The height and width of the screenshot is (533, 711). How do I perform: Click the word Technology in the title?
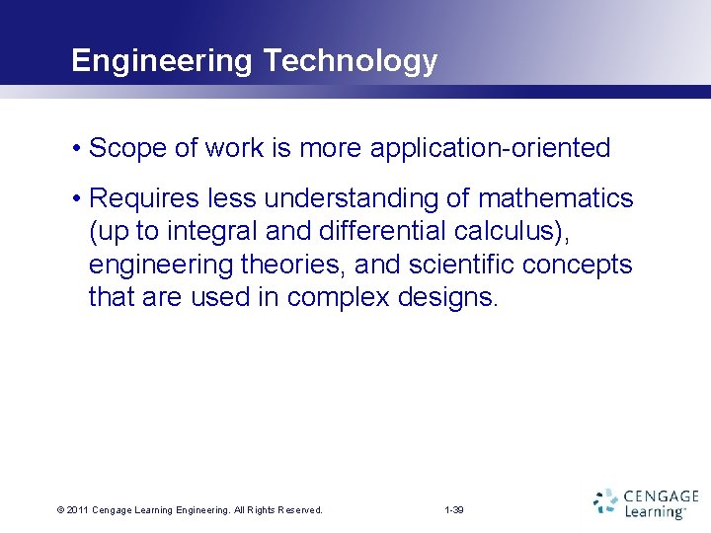pos(350,61)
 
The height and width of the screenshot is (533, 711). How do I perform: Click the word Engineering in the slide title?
pos(162,61)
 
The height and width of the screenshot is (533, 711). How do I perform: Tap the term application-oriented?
pos(490,149)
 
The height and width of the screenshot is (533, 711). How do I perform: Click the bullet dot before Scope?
pos(76,149)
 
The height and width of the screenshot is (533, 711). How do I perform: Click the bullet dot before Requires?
pos(76,199)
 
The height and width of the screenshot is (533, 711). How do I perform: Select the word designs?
pos(448,298)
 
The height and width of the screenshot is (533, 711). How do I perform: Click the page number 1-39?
pos(454,510)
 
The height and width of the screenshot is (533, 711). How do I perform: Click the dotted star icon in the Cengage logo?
pos(605,502)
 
